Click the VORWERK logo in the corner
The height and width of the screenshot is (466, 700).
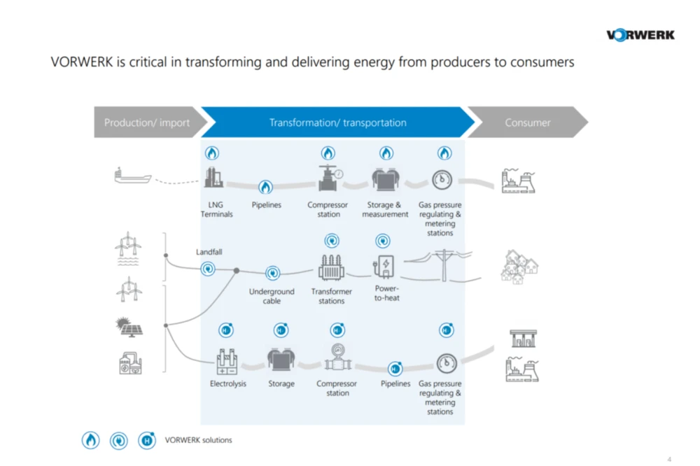pos(640,35)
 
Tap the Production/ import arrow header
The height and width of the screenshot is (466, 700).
pos(147,122)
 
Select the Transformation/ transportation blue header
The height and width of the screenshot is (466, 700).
pos(337,122)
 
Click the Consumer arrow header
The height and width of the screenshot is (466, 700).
pos(528,122)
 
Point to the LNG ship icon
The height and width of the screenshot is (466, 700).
pos(133,176)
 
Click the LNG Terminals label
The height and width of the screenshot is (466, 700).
pos(216,210)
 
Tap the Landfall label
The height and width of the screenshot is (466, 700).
pos(209,252)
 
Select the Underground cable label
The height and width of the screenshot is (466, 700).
pos(272,296)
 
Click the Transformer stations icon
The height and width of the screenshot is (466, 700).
pos(332,267)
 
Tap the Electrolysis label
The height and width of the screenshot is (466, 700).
pos(228,384)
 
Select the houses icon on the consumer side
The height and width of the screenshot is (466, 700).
pos(519,267)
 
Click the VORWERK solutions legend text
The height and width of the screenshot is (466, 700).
pos(198,440)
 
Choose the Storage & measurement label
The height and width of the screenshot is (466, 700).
pos(385,210)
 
